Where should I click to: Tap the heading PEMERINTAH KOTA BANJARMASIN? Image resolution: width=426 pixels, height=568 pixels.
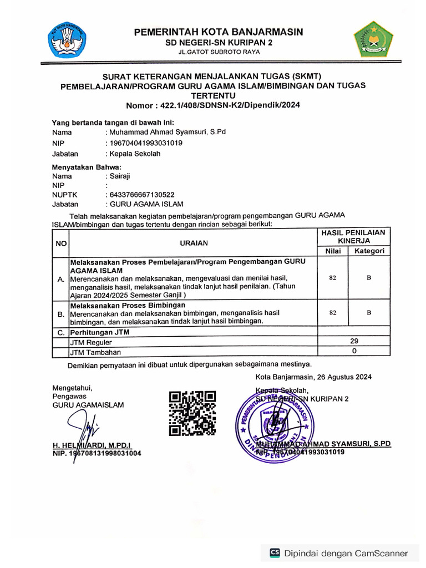[219, 32]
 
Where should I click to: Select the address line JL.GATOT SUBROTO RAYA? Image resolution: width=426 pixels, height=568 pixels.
[219, 52]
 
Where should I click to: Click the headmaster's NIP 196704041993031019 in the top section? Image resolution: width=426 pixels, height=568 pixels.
[146, 143]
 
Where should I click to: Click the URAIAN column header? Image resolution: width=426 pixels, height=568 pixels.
[194, 243]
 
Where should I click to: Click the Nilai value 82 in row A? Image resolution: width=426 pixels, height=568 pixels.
[332, 278]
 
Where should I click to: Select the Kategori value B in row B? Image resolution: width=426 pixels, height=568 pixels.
[369, 313]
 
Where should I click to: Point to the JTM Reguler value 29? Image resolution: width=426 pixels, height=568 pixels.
[354, 341]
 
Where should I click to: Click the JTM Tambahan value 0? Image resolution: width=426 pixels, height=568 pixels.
[354, 351]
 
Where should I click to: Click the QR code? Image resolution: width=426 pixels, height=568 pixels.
[192, 413]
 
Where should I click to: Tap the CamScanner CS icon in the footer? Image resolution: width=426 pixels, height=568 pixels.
[275, 552]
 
